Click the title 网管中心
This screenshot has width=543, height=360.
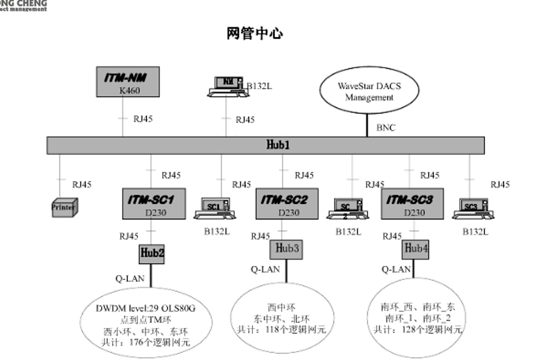coord(254,33)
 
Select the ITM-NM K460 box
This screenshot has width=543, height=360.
coord(127,82)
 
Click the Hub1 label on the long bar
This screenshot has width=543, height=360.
coord(279,145)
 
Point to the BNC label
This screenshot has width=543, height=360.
coord(386,128)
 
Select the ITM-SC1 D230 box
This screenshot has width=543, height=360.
coord(156,203)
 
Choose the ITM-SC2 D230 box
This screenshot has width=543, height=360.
coord(285,203)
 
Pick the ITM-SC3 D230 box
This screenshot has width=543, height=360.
coord(412,203)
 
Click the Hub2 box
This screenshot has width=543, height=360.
coord(152,253)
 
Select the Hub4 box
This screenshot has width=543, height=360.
coord(415,248)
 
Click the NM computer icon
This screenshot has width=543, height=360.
coord(228,87)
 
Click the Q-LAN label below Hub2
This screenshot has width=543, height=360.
coord(129,278)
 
